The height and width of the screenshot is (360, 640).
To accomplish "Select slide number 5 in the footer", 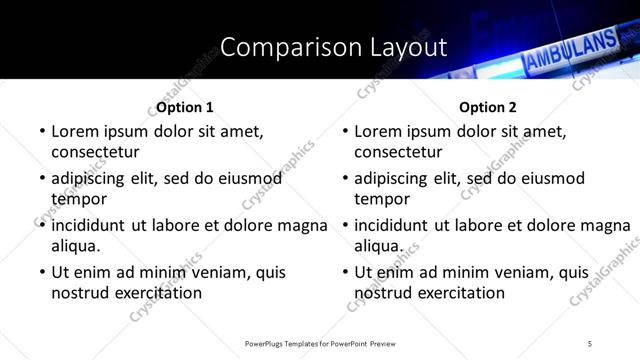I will [x=590, y=343].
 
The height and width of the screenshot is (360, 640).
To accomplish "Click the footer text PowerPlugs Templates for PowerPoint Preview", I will [x=319, y=343].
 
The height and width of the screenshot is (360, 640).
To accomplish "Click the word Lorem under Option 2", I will [x=379, y=131].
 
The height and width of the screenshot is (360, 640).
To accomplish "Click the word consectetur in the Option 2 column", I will [x=398, y=152].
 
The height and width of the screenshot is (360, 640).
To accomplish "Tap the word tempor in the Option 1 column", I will [x=77, y=199].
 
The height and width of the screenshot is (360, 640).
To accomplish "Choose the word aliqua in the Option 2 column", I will [x=378, y=246].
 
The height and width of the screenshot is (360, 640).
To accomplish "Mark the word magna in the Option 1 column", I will [x=307, y=225].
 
